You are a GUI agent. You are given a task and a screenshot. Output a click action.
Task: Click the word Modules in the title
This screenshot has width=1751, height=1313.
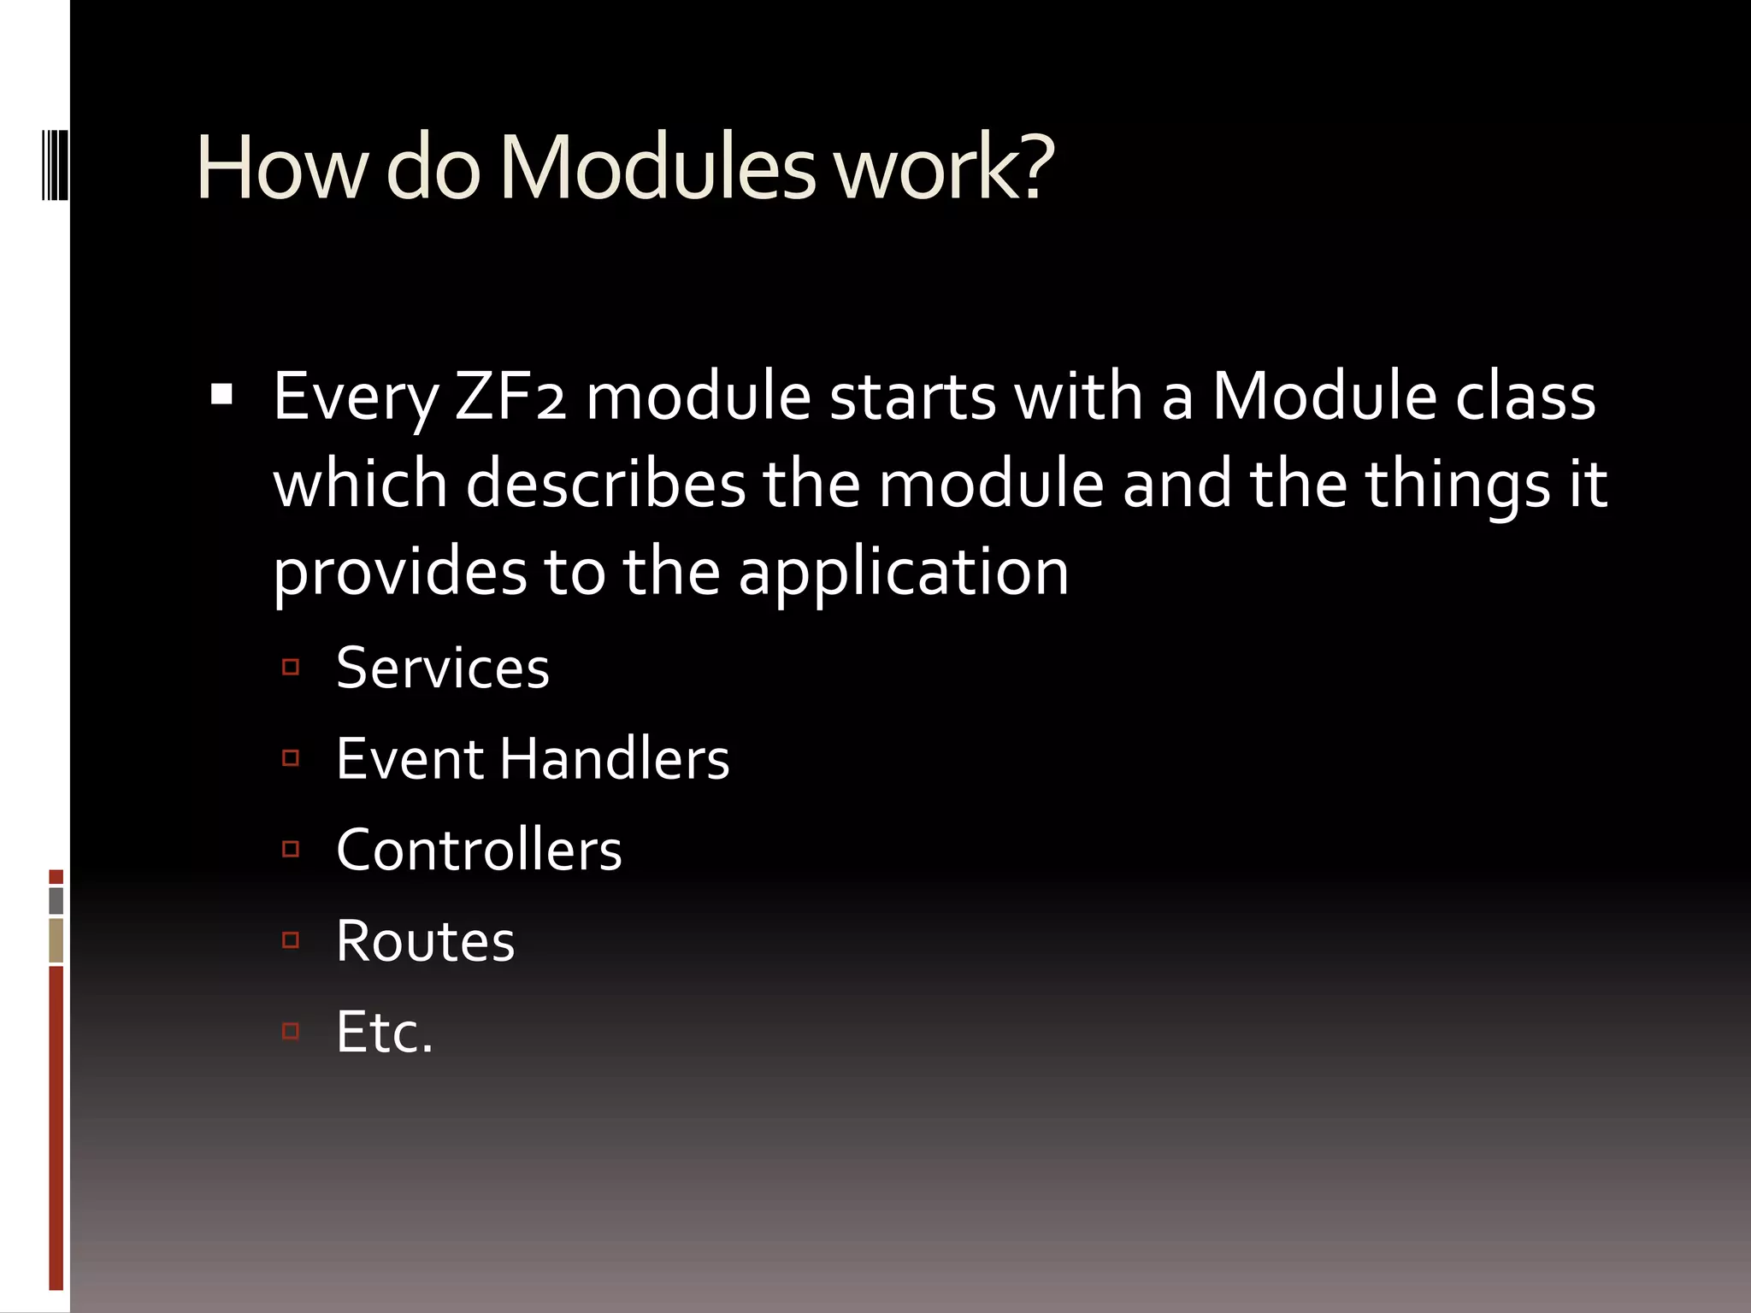click(657, 168)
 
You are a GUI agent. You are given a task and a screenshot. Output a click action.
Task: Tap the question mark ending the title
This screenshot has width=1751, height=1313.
click(1035, 168)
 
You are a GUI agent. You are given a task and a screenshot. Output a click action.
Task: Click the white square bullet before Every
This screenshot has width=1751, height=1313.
click(221, 395)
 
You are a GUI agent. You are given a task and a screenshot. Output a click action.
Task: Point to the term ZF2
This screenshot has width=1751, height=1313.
click(510, 397)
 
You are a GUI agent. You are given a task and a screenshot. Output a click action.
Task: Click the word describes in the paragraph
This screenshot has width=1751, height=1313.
click(605, 484)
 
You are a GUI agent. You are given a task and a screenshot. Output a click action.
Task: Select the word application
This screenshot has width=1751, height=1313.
click(903, 571)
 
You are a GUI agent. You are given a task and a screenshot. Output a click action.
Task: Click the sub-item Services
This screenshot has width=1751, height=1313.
click(442, 668)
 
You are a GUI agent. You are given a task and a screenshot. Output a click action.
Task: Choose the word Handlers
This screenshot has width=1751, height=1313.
click(615, 759)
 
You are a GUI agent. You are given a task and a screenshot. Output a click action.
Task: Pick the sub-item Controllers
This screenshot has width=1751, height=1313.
click(479, 851)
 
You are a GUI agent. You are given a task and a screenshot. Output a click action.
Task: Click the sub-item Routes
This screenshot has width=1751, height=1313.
click(425, 941)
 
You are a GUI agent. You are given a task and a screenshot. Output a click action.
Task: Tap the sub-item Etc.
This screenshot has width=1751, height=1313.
click(384, 1032)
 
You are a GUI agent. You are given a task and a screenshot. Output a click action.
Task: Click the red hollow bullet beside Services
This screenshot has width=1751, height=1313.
click(291, 667)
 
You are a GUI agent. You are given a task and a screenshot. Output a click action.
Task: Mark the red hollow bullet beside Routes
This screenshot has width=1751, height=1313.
click(291, 940)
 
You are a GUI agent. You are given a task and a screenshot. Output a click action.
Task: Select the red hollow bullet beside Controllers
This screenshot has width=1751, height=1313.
click(291, 849)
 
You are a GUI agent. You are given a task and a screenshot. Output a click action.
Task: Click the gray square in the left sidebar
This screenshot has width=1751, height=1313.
click(56, 900)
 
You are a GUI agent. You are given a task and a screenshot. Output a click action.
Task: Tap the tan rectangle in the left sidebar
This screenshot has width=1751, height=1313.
click(56, 940)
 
